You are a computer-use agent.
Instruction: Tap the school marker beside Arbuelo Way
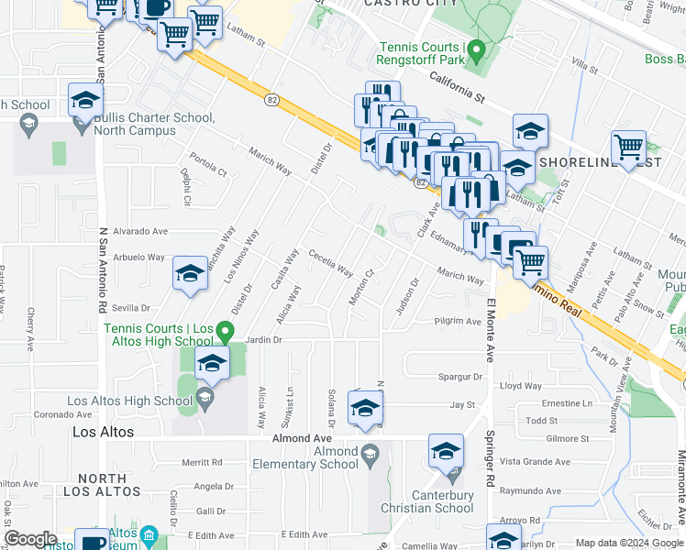coord(190,274)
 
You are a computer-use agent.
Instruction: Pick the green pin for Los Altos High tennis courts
coord(230,329)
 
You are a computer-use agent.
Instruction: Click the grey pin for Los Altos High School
coord(205,397)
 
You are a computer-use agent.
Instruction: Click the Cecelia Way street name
coord(330,263)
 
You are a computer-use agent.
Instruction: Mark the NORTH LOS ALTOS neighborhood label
coord(102,487)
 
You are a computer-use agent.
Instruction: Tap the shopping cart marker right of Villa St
coord(628,148)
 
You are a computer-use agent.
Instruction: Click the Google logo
coord(31,539)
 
